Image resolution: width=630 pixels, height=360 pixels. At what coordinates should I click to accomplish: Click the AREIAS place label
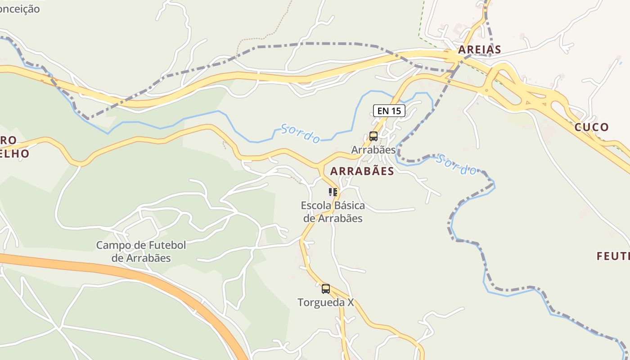tap(479, 49)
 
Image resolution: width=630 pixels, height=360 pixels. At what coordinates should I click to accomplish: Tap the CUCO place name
tap(591, 127)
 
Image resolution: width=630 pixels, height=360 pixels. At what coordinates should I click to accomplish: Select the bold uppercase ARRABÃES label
tap(362, 171)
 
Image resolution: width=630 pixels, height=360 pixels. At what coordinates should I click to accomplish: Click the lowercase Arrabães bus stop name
tap(373, 149)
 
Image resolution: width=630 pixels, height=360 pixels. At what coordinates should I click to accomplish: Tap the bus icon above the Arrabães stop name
tap(373, 136)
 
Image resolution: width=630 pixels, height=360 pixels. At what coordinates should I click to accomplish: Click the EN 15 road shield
tap(389, 110)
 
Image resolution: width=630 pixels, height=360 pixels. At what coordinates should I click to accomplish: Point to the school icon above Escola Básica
tap(333, 192)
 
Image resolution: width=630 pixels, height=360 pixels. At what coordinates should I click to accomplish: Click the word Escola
tap(315, 206)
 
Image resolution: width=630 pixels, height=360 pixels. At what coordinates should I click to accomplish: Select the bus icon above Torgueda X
tap(325, 288)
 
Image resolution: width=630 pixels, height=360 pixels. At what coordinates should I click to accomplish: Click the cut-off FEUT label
tap(613, 256)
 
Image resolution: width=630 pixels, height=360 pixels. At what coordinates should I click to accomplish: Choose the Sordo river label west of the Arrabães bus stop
tap(301, 133)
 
